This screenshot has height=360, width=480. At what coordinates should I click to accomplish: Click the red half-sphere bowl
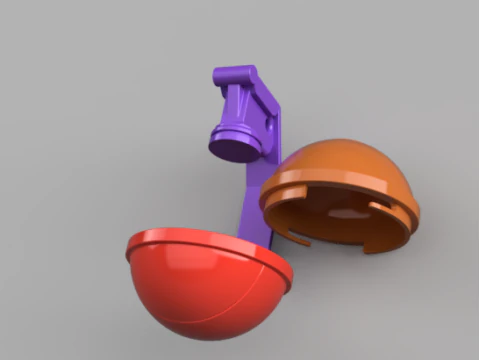click(200, 300)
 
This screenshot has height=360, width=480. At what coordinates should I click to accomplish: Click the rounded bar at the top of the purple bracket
click(236, 75)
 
